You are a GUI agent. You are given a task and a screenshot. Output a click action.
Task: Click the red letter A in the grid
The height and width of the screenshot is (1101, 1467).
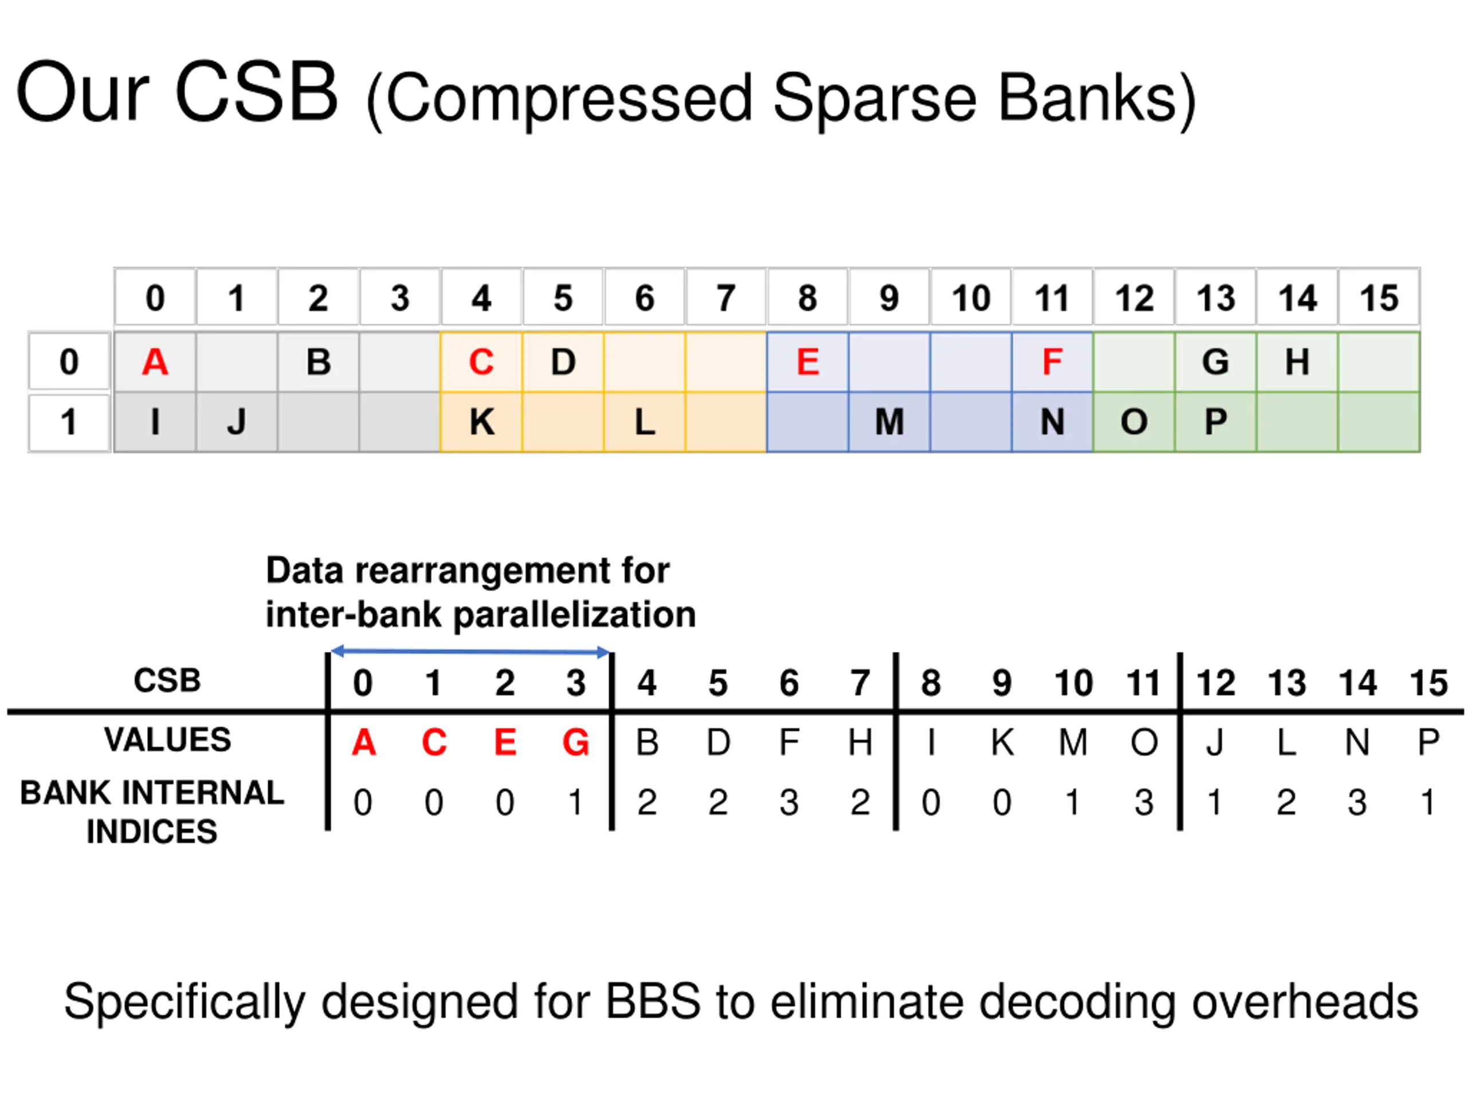point(155,362)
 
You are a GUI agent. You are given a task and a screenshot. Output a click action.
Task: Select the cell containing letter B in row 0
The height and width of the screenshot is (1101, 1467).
point(319,362)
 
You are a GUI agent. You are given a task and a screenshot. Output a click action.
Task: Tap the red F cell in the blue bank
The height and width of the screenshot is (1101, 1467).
point(1052,362)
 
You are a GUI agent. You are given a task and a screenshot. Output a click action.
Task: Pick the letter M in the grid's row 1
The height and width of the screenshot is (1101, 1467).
point(889,422)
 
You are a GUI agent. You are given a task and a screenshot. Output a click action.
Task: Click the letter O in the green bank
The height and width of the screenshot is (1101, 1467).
point(1133,422)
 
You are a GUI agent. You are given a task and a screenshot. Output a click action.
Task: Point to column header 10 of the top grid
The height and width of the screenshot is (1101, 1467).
point(971,298)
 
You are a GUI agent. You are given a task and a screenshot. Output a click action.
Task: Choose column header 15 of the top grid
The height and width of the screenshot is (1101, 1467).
point(1379,298)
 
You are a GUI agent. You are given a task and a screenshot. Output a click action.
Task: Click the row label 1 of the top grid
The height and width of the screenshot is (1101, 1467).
point(69,422)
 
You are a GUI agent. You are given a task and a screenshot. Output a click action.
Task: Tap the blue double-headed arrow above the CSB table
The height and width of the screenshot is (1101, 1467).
point(469,651)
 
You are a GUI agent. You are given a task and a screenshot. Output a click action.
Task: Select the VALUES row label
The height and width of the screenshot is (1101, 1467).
point(167,740)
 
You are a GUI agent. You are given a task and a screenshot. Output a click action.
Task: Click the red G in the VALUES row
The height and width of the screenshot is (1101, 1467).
point(576,743)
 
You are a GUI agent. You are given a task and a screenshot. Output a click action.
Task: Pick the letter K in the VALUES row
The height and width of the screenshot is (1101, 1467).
point(1002,743)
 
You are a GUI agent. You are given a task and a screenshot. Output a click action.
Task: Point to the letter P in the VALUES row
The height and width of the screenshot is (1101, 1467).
point(1428,743)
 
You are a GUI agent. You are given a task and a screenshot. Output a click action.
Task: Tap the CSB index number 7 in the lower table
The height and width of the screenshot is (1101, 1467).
point(860,683)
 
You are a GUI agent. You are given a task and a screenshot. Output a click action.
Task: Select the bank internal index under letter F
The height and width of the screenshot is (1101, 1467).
point(789,802)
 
